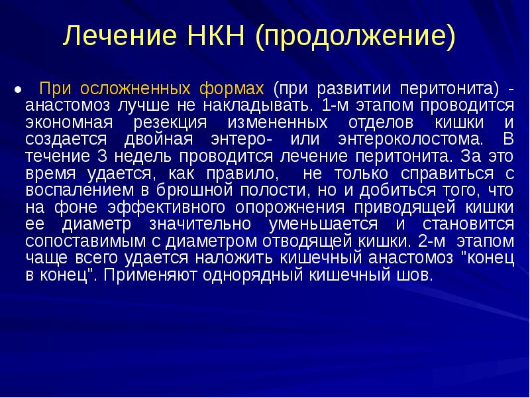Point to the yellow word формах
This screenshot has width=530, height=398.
click(x=231, y=88)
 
